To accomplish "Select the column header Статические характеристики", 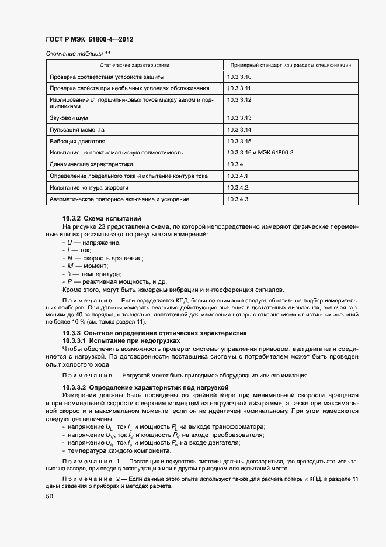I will pos(134,65).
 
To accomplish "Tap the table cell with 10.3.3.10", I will pos(239,77).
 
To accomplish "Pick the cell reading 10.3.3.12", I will pos(239,100).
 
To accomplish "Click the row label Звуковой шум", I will pos(69,118).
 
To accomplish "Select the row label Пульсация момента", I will pos(77,129).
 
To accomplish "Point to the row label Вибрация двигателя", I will pos(78,141).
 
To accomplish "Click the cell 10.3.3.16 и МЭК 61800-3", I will pos(260,153).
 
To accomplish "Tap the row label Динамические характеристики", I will pos(92,164).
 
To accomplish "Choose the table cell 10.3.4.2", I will pos(238,188).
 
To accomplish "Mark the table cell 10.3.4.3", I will pos(238,199).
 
